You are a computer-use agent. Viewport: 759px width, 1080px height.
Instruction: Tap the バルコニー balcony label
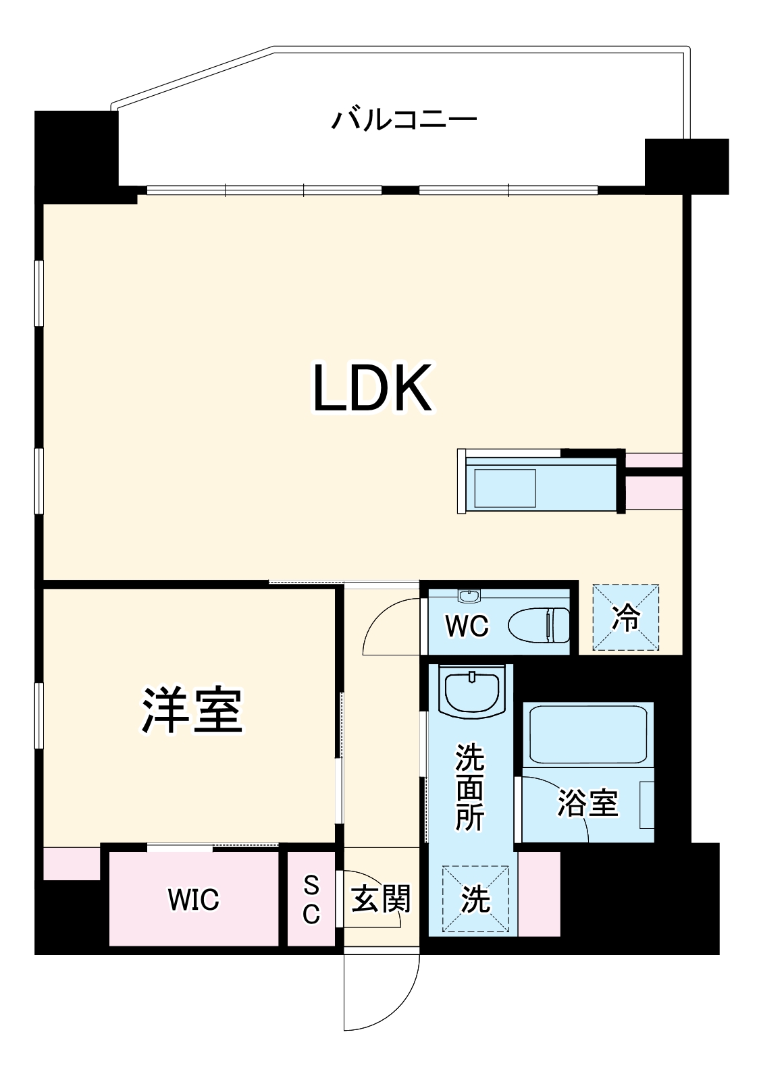(404, 120)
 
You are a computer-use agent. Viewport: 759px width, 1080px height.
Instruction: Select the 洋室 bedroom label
(192, 711)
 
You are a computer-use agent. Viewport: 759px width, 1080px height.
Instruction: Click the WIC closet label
(194, 900)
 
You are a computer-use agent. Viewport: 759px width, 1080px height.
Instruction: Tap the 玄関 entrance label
(380, 899)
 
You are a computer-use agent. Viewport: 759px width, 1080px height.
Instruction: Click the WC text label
(466, 626)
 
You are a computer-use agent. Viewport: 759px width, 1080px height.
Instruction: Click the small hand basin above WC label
(469, 595)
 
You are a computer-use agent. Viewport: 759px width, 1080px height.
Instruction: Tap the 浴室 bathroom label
(588, 803)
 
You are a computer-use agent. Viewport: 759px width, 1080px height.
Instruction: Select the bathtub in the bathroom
(587, 734)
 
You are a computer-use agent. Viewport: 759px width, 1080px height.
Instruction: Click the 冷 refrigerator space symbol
(625, 618)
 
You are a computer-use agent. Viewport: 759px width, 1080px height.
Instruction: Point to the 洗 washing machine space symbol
(475, 899)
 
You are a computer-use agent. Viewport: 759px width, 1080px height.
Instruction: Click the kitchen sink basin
(505, 489)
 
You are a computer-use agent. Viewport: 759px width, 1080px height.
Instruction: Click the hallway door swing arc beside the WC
(388, 624)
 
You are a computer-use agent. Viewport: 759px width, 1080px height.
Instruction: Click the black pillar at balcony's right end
(686, 165)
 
